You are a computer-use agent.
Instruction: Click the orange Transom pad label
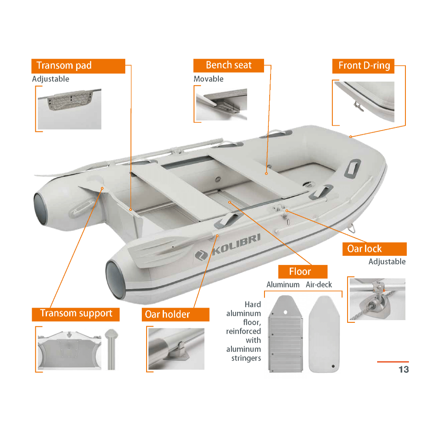point(78,66)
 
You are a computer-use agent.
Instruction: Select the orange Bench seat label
point(229,66)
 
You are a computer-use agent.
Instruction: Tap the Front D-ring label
point(363,66)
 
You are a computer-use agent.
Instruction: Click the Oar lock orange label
point(375,249)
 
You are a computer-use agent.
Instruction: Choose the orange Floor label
point(303,271)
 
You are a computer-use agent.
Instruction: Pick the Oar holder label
point(175,315)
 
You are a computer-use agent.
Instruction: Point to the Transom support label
point(75,315)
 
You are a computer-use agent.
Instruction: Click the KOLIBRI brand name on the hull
point(236,244)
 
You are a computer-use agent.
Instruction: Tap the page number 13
point(404,369)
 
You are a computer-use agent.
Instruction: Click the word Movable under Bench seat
point(208,79)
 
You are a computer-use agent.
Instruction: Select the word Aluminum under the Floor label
point(283,284)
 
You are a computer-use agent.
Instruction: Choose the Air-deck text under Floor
point(319,284)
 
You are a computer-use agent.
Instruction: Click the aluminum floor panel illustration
point(285,334)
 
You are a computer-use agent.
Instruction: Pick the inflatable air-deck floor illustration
point(324,334)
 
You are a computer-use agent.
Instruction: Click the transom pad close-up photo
point(70,109)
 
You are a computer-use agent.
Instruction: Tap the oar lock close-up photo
point(377,299)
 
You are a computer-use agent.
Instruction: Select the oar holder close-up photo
point(177,349)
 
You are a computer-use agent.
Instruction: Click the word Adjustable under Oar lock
point(387,261)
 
